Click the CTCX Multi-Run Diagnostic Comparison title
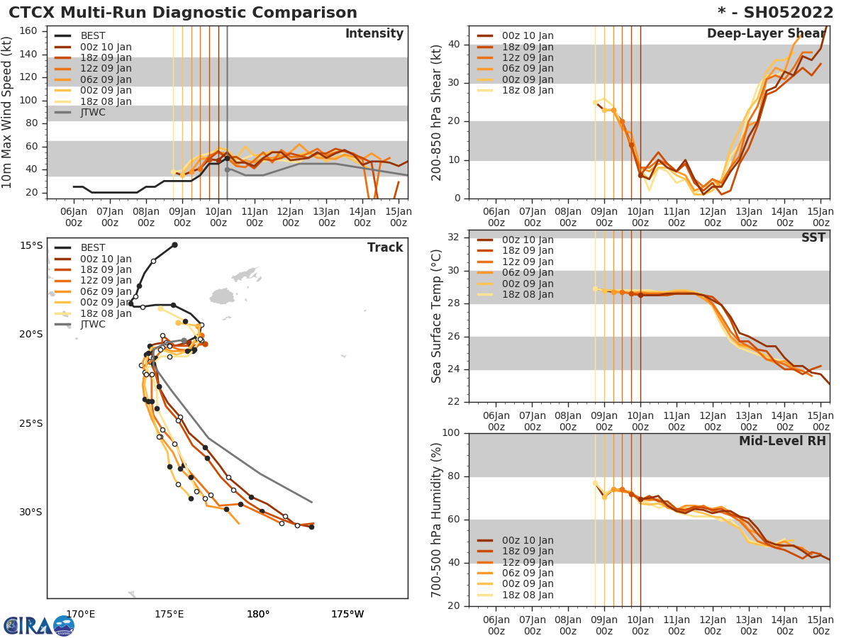pyautogui.click(x=183, y=13)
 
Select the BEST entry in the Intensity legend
pyautogui.click(x=92, y=35)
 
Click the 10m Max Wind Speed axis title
pyautogui.click(x=8, y=112)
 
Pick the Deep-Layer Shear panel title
pyautogui.click(x=766, y=34)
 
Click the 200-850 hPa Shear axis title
pyautogui.click(x=438, y=112)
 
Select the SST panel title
pyautogui.click(x=813, y=238)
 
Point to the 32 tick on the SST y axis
pyautogui.click(x=456, y=237)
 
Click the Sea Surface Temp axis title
pyautogui.click(x=438, y=316)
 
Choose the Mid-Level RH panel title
pyautogui.click(x=782, y=442)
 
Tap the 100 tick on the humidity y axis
pyautogui.click(x=451, y=433)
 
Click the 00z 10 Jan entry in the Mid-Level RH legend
pyautogui.click(x=527, y=540)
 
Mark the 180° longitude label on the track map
pyautogui.click(x=257, y=614)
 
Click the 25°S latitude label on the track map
pyautogui.click(x=30, y=423)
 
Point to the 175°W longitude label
pyautogui.click(x=347, y=614)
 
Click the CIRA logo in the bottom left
pyautogui.click(x=39, y=626)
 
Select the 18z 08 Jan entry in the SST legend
pyautogui.click(x=527, y=295)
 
